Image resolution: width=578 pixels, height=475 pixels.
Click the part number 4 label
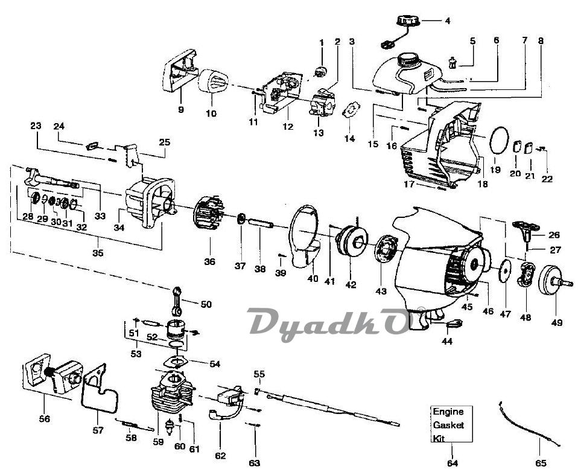(x=448, y=21)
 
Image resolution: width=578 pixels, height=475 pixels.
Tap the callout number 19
(x=495, y=170)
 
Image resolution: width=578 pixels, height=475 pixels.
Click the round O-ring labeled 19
(x=499, y=140)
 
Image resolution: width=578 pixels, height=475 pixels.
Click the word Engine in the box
(x=448, y=412)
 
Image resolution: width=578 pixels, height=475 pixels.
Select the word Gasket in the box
(x=448, y=425)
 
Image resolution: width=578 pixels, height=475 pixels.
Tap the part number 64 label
(x=453, y=463)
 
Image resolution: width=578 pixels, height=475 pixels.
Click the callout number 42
(x=351, y=284)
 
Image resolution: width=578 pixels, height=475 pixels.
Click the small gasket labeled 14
(x=351, y=110)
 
